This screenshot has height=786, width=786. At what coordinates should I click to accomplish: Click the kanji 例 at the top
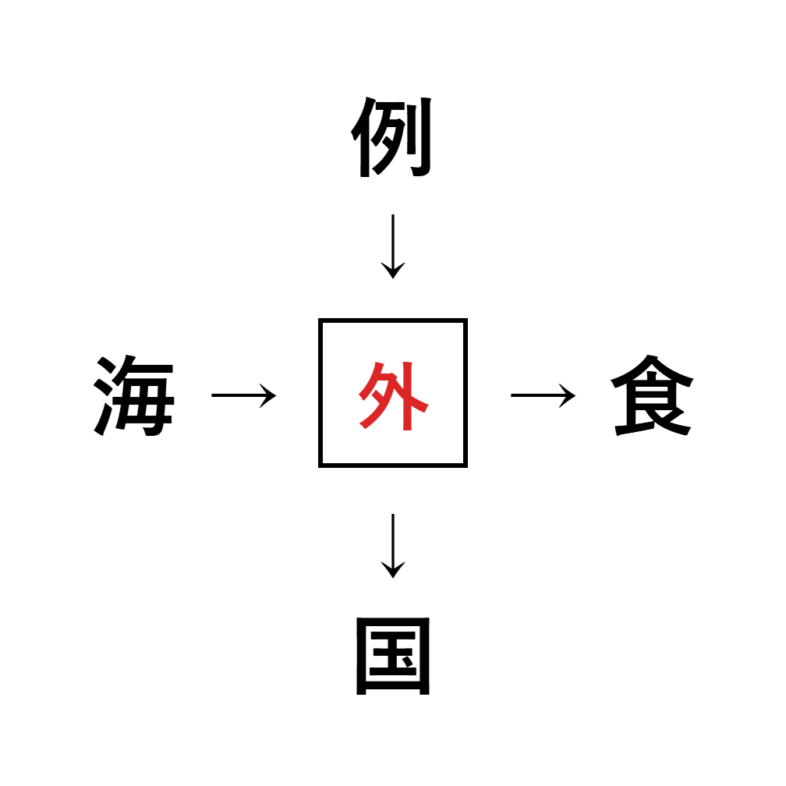[x=392, y=139]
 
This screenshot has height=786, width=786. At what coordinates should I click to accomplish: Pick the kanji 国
[x=392, y=657]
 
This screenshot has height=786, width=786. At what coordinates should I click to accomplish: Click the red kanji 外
[x=392, y=395]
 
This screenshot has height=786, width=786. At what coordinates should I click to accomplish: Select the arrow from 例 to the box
[x=392, y=246]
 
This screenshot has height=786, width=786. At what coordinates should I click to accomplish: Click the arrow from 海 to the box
[x=243, y=395]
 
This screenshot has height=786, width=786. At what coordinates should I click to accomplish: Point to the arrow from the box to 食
[x=543, y=395]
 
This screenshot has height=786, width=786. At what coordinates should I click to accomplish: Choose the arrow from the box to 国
[x=392, y=545]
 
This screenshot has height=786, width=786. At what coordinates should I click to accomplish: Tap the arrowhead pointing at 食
[x=569, y=395]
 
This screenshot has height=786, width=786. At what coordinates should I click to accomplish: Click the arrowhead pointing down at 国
[x=392, y=572]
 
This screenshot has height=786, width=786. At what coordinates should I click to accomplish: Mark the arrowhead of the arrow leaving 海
[x=270, y=395]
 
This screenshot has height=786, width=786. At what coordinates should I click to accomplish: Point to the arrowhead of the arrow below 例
[x=392, y=272]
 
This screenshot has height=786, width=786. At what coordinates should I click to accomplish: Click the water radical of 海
[x=106, y=396]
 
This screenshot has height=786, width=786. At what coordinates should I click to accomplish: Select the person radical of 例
[x=363, y=140]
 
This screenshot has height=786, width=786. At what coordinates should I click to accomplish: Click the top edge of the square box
[x=392, y=320]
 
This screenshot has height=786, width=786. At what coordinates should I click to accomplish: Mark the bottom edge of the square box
[x=392, y=466]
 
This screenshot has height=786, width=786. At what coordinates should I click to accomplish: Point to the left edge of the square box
[x=320, y=393]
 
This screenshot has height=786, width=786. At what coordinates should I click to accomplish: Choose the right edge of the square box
[x=465, y=393]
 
